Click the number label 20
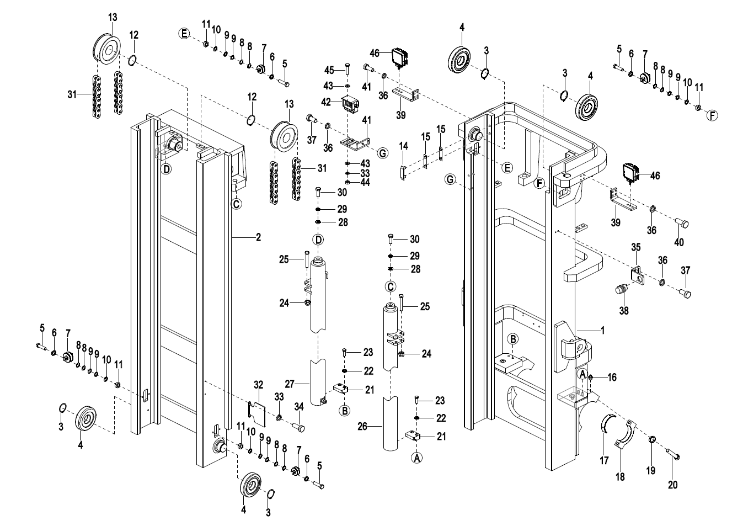pyautogui.click(x=672, y=485)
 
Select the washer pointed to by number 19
pyautogui.click(x=651, y=440)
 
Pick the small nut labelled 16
pyautogui.click(x=591, y=378)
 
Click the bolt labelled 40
pyautogui.click(x=681, y=223)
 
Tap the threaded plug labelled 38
pyautogui.click(x=622, y=289)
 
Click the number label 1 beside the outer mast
pyautogui.click(x=603, y=331)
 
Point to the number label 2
pyautogui.click(x=258, y=238)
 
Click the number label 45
pyautogui.click(x=329, y=70)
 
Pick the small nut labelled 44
pyautogui.click(x=348, y=182)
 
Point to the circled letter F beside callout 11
pyautogui.click(x=712, y=115)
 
